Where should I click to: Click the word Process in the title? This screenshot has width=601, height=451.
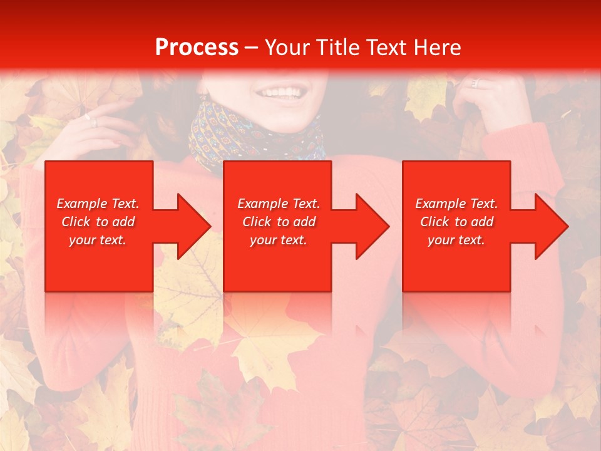click(x=197, y=48)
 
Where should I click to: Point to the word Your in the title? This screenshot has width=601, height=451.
click(x=285, y=48)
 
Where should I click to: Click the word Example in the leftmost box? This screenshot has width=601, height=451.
click(x=81, y=204)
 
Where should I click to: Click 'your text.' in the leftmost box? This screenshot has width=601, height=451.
click(x=98, y=240)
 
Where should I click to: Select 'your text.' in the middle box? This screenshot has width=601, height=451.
click(x=278, y=240)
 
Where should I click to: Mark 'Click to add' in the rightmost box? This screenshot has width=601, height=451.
click(x=456, y=222)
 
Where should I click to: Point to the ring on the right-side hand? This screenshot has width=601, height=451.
click(x=475, y=83)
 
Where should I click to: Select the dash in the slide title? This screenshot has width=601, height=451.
click(x=251, y=48)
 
